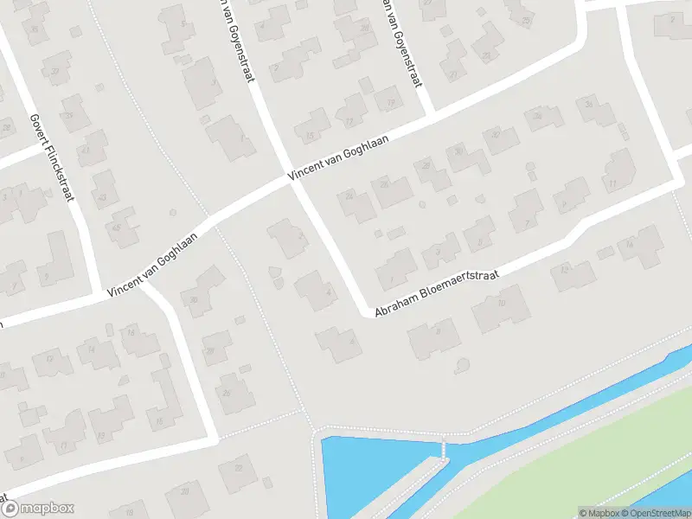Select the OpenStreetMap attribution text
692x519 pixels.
657,513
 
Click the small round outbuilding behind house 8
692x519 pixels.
461,363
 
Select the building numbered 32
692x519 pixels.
497,136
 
